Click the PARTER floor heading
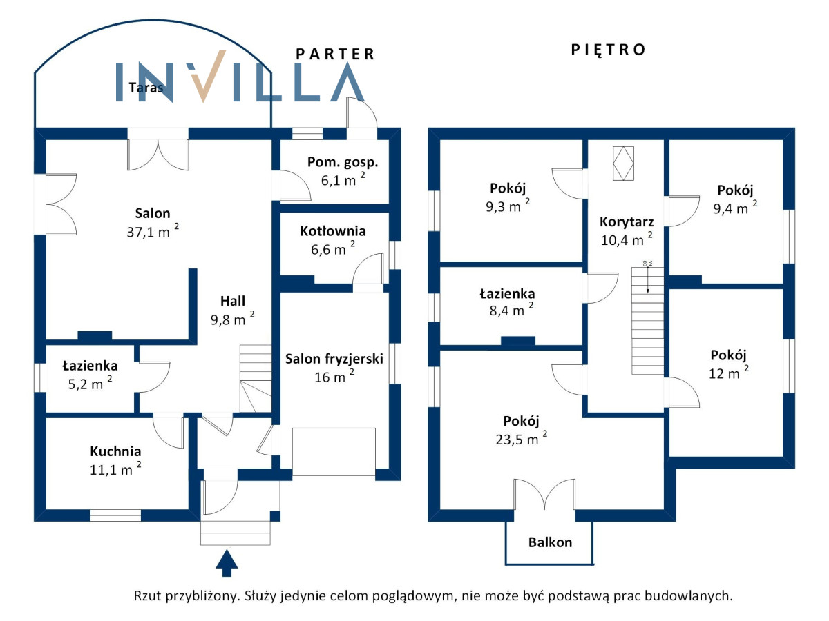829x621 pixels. click(x=335, y=54)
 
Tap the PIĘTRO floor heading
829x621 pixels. click(x=608, y=50)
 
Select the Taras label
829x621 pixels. click(x=146, y=88)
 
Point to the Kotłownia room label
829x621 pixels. click(x=333, y=231)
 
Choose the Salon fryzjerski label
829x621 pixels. click(x=334, y=359)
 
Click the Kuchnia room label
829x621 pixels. click(x=115, y=451)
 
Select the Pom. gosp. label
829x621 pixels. click(x=343, y=163)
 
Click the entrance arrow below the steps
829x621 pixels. click(x=226, y=562)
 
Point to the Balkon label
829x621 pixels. click(x=550, y=542)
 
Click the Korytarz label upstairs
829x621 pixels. click(x=627, y=222)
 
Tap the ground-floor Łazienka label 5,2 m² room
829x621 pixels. click(x=90, y=366)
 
